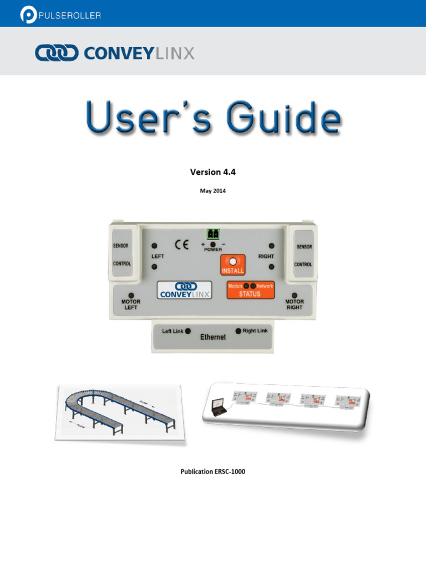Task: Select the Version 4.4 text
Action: click(x=213, y=172)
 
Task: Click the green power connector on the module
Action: click(x=212, y=234)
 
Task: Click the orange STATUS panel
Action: click(x=250, y=290)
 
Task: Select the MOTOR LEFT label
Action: click(x=131, y=305)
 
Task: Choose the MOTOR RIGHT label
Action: click(x=295, y=305)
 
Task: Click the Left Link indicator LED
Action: click(x=187, y=331)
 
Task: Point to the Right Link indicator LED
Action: click(x=239, y=331)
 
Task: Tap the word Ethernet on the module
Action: click(x=213, y=337)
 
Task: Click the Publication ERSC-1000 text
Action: click(x=213, y=472)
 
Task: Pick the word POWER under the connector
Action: click(x=213, y=250)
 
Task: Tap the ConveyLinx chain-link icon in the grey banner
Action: click(x=57, y=53)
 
